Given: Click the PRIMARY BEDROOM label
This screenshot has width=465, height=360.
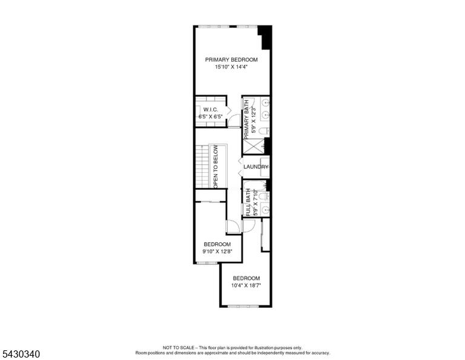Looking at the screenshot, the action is tap(231, 59).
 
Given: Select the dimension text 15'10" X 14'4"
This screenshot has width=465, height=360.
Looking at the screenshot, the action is tap(231, 67).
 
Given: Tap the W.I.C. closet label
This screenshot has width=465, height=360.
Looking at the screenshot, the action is tap(211, 110).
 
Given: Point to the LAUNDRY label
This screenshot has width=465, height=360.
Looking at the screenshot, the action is tap(256, 167).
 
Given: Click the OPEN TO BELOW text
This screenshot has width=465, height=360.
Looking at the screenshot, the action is tap(216, 167).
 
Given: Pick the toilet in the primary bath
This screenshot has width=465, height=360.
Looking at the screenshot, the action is tap(263, 130).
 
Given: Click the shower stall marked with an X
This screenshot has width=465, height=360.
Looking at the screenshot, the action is tap(253, 145).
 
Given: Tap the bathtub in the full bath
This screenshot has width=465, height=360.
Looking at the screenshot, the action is tap(255, 185).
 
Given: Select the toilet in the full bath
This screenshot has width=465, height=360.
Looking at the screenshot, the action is tap(263, 196).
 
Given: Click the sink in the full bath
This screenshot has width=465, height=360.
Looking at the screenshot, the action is tap(265, 210).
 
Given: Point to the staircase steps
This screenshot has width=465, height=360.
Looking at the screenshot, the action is tap(202, 167).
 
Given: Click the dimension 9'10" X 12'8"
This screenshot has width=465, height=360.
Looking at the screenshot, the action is tap(217, 252).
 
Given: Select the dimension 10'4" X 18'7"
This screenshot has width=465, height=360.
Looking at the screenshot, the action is tap(246, 286).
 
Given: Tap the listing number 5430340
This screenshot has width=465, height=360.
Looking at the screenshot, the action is tap(21, 354).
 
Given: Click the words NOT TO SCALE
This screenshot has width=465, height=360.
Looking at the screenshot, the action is tap(178, 347).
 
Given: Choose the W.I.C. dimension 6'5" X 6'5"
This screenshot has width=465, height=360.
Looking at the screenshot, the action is tap(211, 117).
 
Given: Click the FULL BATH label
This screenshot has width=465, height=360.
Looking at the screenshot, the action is tap(248, 202).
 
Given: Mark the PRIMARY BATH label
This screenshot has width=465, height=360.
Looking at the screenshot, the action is tap(246, 119).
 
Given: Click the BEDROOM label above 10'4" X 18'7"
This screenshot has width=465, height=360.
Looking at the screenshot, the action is tap(246, 278).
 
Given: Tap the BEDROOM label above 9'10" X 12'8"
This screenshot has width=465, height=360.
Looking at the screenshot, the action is tap(217, 244).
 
